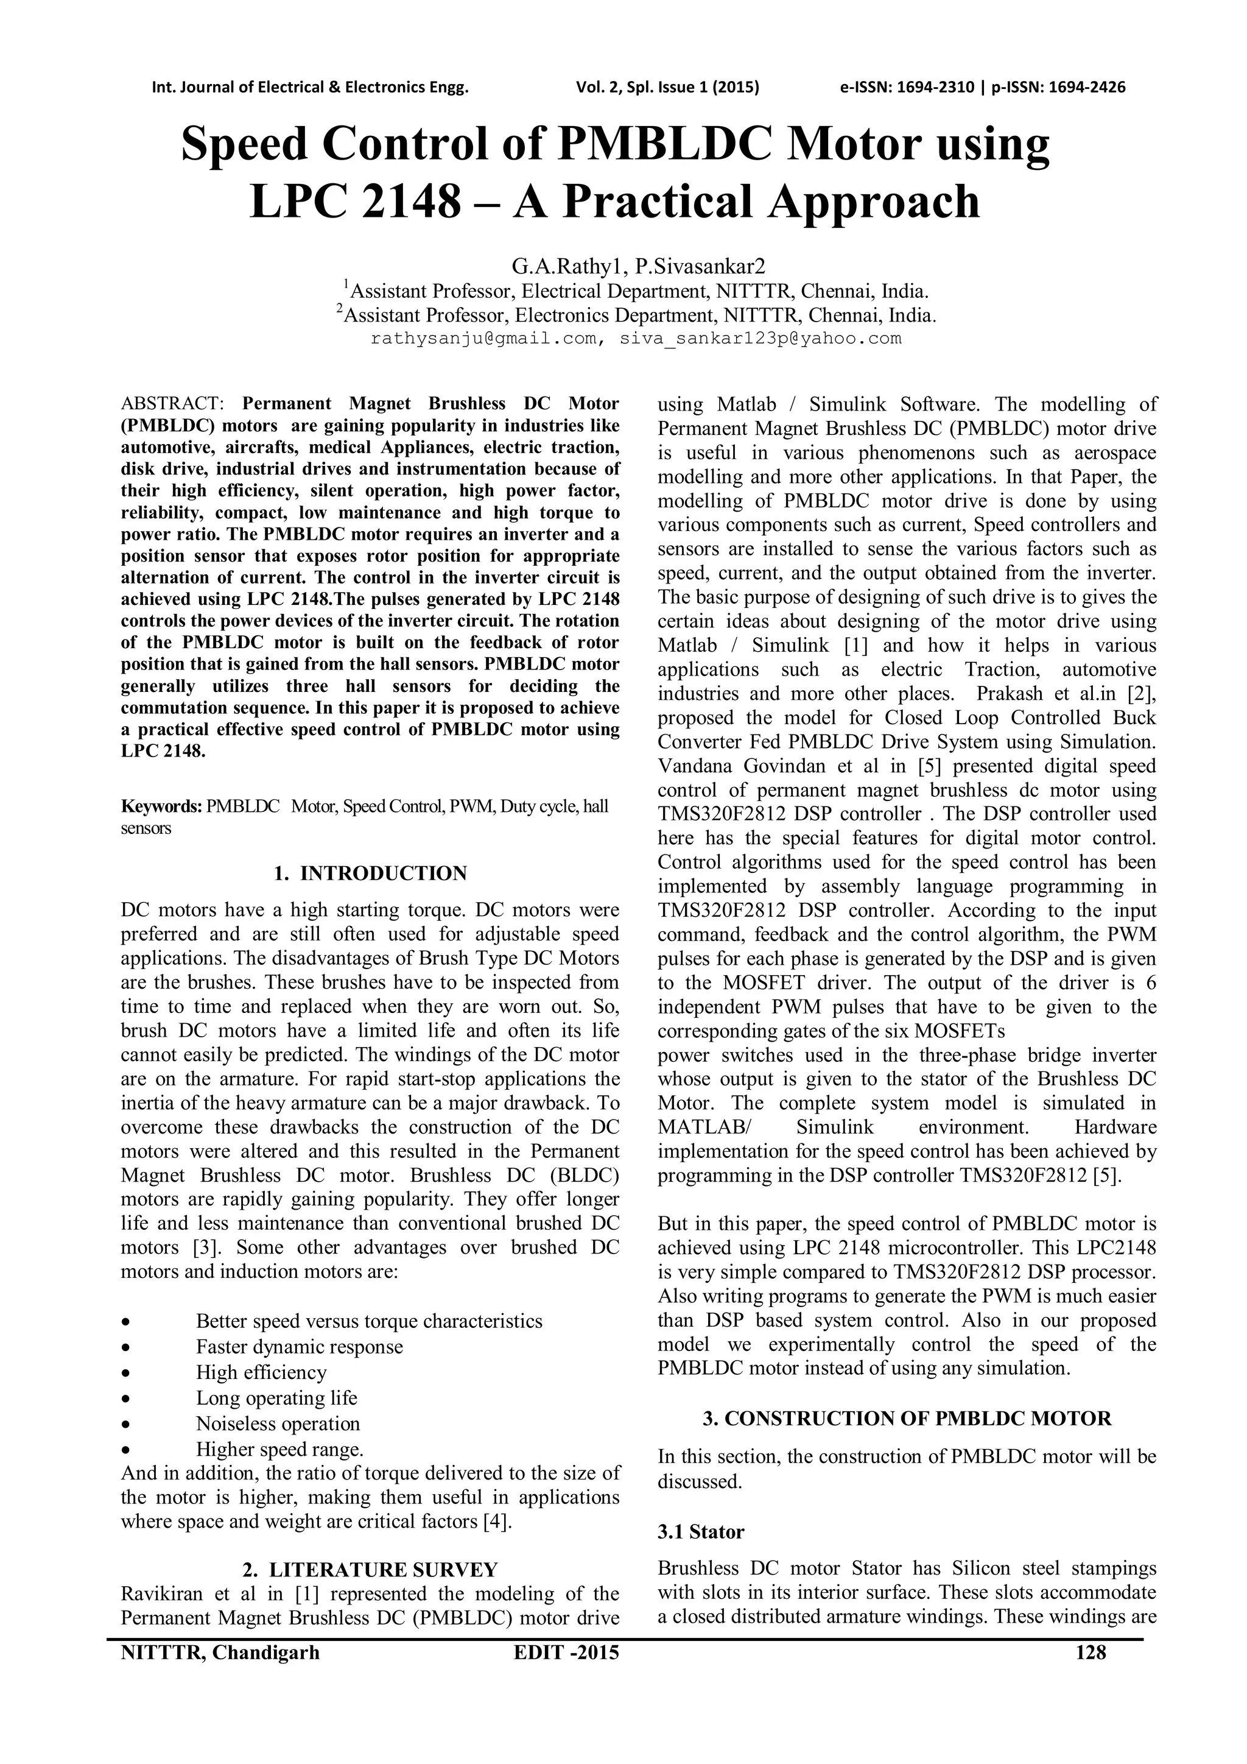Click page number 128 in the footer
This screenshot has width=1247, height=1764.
[x=1091, y=1652]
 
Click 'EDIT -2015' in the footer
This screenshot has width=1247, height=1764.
[x=566, y=1652]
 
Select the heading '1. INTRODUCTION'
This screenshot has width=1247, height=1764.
[x=370, y=873]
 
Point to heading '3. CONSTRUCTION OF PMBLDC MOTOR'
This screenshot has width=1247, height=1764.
[x=907, y=1418]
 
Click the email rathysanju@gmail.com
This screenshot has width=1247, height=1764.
[x=483, y=339]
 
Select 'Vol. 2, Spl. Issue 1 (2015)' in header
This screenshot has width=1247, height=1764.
[x=667, y=87]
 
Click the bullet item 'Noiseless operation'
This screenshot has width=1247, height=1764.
[x=277, y=1424]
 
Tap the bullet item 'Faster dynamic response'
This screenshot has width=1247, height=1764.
[x=299, y=1347]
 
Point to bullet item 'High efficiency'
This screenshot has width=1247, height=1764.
[x=261, y=1372]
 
